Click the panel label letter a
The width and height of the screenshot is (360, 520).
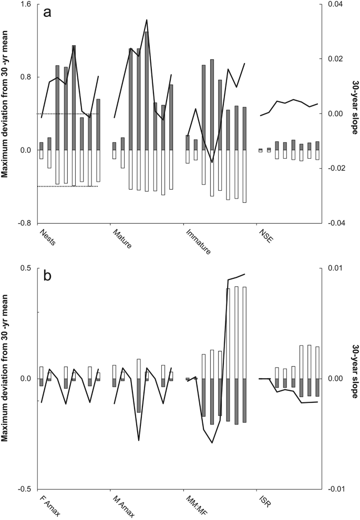click(x=47, y=14)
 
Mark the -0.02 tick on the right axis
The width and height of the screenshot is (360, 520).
click(x=335, y=168)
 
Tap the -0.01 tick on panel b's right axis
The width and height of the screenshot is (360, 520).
click(x=335, y=489)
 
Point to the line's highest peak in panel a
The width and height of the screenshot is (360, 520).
click(x=147, y=20)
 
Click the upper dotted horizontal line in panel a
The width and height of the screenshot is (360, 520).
click(x=68, y=114)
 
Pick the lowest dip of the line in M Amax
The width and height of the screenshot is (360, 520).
click(x=139, y=440)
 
